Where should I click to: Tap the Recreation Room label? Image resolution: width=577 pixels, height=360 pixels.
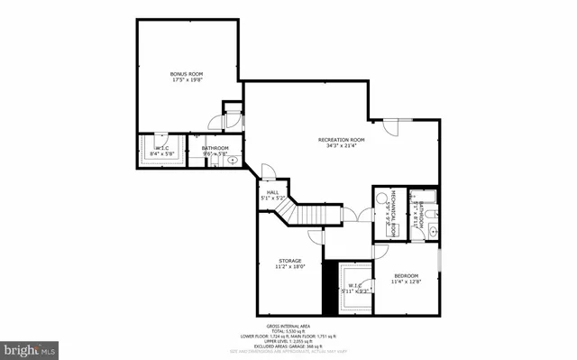pyautogui.click(x=341, y=139)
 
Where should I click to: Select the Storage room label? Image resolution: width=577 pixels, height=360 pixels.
pyautogui.click(x=289, y=260)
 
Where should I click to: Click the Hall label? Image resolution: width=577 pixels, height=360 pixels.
pyautogui.click(x=271, y=191)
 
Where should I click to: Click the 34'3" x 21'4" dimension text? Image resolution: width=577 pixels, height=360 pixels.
pyautogui.click(x=341, y=146)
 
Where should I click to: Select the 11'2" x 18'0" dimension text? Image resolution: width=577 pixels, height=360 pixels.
pyautogui.click(x=289, y=267)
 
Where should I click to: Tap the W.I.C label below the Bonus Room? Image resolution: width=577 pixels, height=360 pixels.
pyautogui.click(x=161, y=148)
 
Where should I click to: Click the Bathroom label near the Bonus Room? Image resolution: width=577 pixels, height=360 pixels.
pyautogui.click(x=215, y=148)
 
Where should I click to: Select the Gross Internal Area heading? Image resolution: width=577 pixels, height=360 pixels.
pyautogui.click(x=288, y=326)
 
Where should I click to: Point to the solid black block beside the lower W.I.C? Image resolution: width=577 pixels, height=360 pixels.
pyautogui.click(x=329, y=287)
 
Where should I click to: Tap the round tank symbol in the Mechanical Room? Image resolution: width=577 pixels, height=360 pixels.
pyautogui.click(x=393, y=230)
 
